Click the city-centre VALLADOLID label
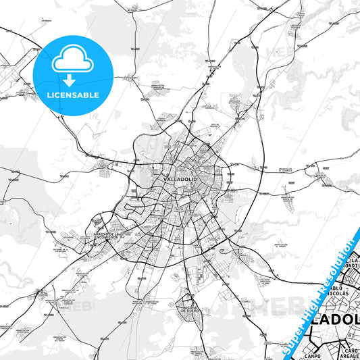tap(180, 178)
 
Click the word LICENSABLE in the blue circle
tap(72, 95)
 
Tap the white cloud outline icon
tap(72, 61)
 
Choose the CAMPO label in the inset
tap(312, 355)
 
